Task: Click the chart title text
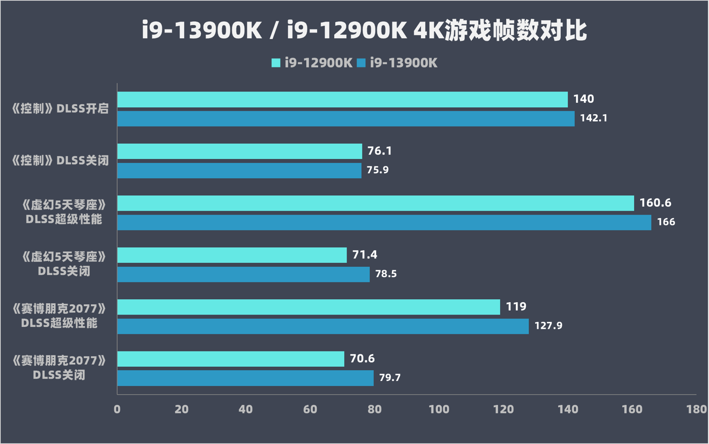tap(364, 31)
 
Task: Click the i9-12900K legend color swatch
tap(276, 63)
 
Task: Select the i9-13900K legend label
tap(403, 63)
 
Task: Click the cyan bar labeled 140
tap(342, 99)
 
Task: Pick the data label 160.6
tap(655, 203)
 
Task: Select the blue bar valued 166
tap(384, 222)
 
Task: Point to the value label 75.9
tap(378, 170)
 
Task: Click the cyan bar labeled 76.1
tap(239, 151)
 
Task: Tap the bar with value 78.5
tap(243, 274)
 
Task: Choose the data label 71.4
tap(364, 254)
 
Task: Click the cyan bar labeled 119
tap(309, 307)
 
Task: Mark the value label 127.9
tap(548, 325)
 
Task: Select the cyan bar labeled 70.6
tap(230, 359)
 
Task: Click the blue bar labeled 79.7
tap(245, 378)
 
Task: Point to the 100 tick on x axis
tap(439, 409)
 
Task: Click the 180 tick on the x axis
tap(696, 409)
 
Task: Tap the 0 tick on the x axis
tap(117, 409)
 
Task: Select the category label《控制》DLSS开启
tap(60, 108)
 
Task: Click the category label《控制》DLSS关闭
tap(60, 160)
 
